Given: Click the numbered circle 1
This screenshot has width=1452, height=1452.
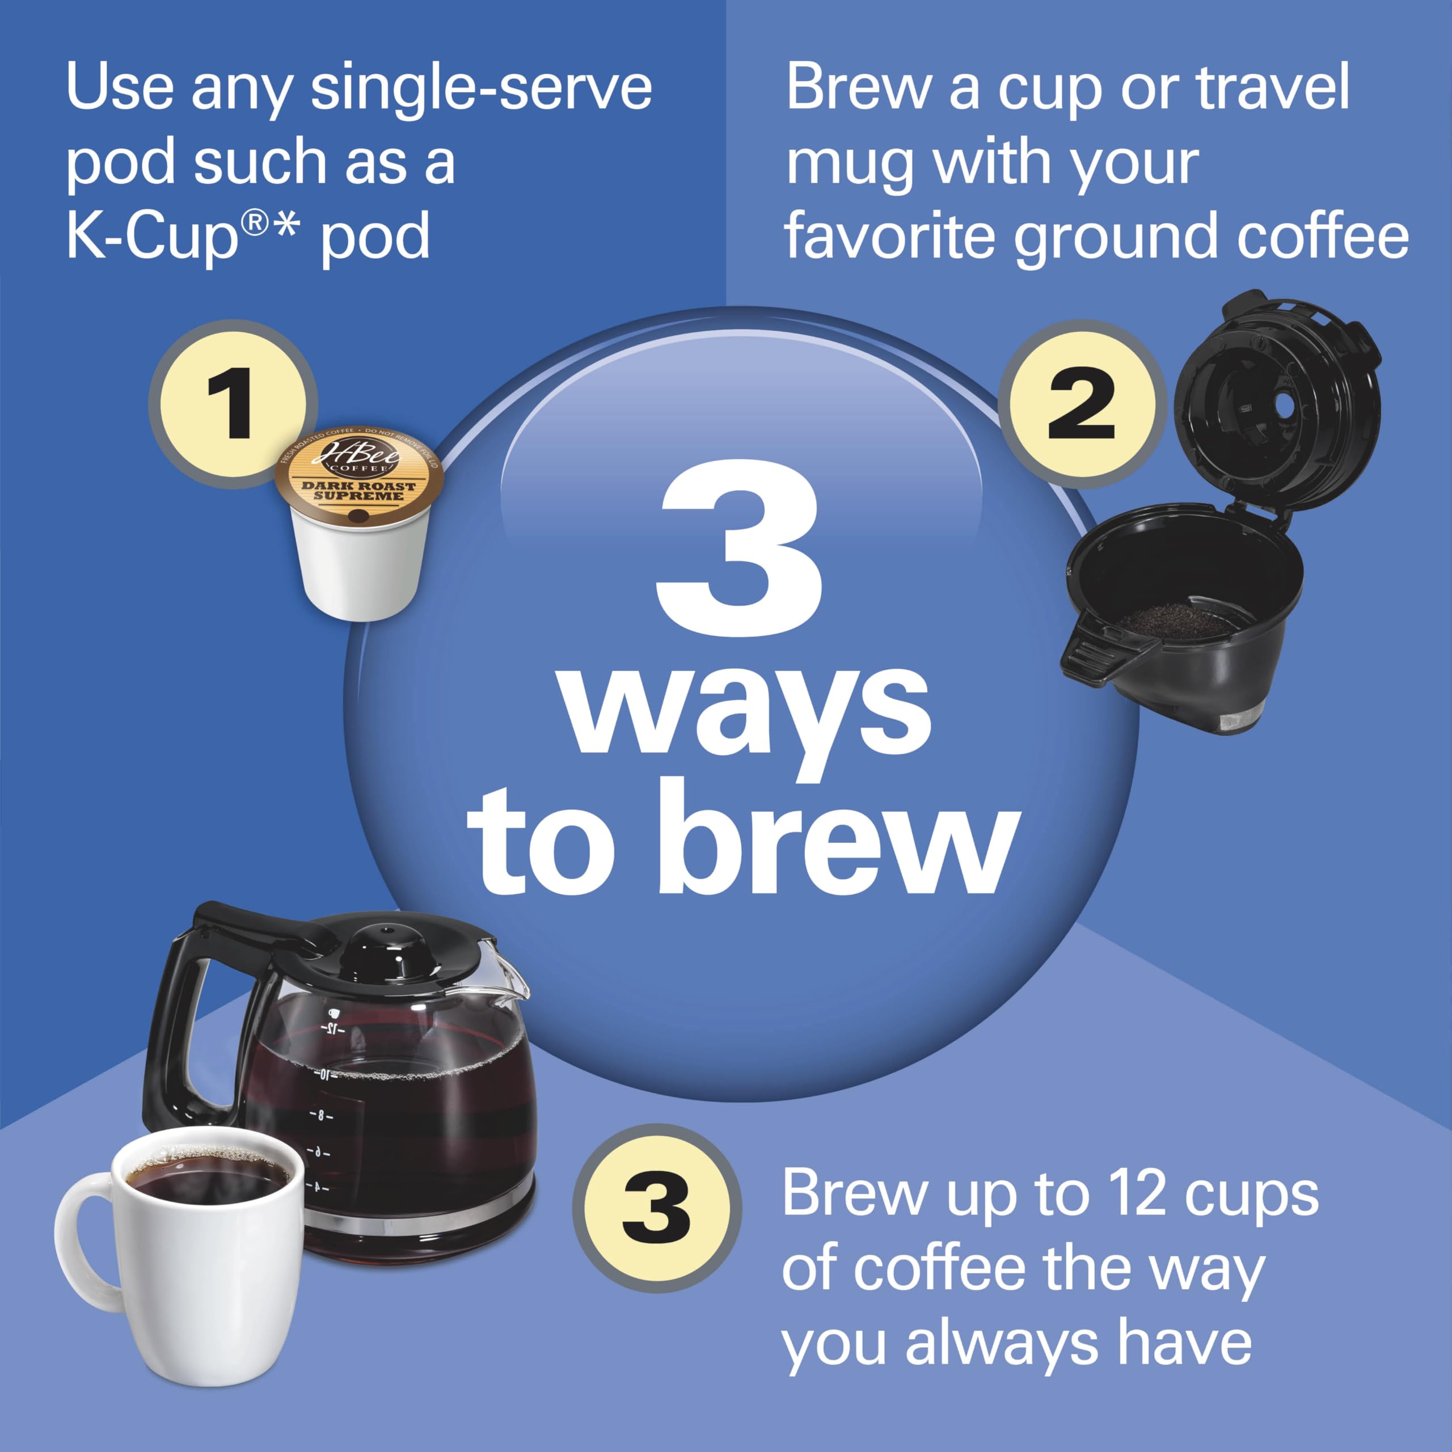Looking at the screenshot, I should tap(231, 404).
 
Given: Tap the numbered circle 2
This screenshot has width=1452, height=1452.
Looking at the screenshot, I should tap(1080, 404).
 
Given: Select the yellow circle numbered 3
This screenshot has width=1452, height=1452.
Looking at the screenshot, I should tap(656, 1208).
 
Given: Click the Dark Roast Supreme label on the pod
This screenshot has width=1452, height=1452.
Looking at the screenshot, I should tap(358, 491).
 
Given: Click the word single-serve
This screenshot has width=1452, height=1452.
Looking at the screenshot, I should tap(481, 88).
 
